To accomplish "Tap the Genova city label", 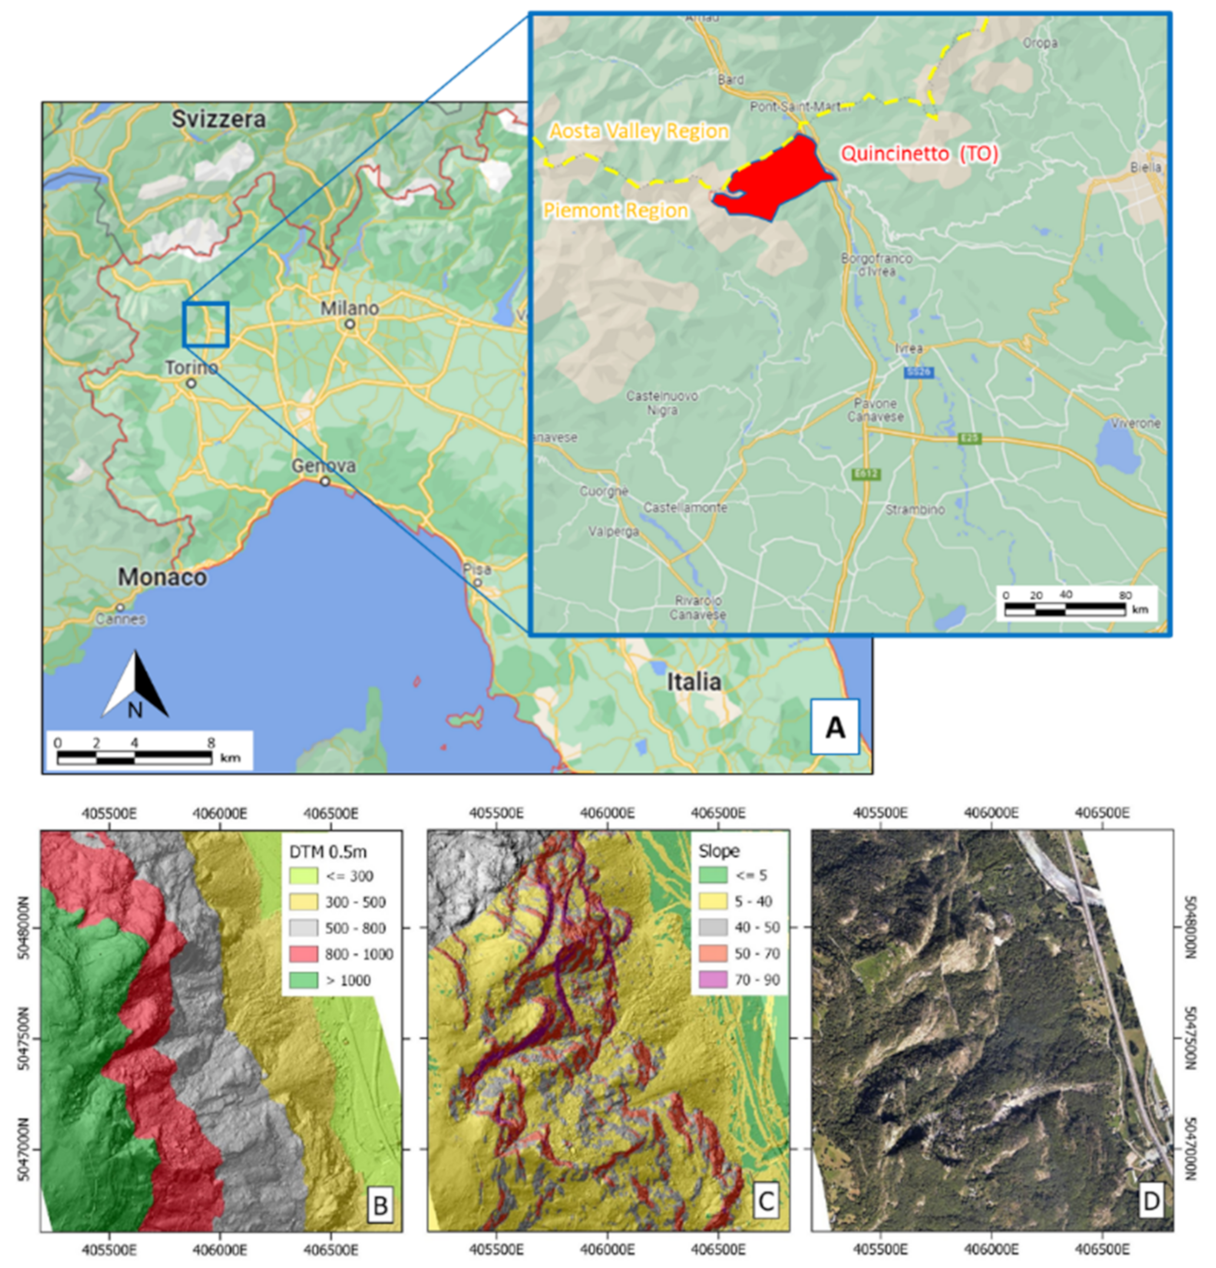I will point(323,466).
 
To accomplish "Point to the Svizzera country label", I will point(219,119).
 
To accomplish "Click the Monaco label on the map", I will point(162,577).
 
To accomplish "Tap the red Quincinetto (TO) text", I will point(919,154).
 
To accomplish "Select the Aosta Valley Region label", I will point(639,132).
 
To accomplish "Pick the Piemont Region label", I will point(615,210).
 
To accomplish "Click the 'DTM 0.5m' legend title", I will point(327,851).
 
